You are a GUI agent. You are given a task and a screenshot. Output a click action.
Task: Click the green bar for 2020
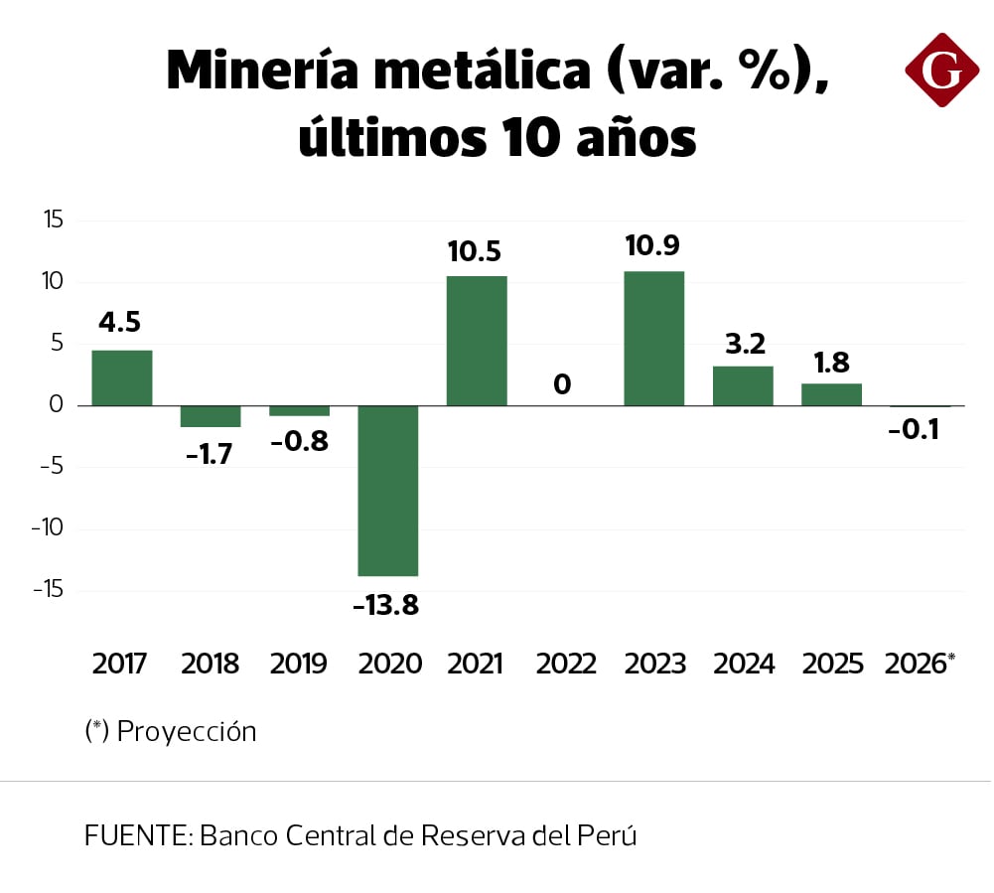[x=387, y=490]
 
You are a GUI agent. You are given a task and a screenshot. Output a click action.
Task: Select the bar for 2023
[x=653, y=338]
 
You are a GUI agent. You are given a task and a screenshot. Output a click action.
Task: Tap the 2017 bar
[x=121, y=377]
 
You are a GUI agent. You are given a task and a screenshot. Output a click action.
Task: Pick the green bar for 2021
[x=477, y=340]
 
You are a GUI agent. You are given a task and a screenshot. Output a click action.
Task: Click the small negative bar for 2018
[x=211, y=416]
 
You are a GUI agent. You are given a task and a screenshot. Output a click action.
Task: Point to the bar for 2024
[x=743, y=385]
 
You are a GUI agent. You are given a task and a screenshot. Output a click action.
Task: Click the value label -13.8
[x=386, y=604]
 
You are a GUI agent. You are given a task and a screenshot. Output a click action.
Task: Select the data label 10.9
[x=653, y=245]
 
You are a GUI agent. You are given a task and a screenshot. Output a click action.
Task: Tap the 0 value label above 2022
[x=563, y=383]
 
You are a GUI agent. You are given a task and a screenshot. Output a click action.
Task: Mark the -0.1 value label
[x=916, y=430]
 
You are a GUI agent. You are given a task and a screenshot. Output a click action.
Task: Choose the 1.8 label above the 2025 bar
[x=831, y=361]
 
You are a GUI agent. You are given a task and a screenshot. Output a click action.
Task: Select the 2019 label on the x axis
[x=298, y=664]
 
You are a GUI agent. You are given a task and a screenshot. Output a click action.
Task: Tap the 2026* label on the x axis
[x=920, y=664]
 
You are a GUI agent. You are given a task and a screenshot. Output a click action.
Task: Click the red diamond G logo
[x=941, y=70]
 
